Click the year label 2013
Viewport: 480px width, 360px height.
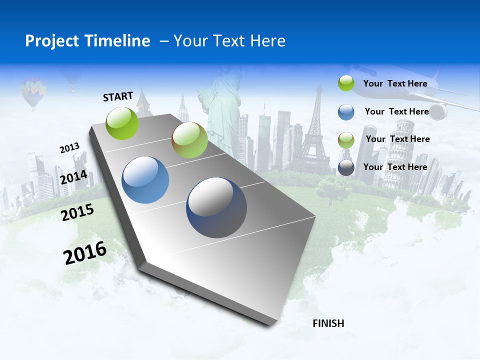(70, 148)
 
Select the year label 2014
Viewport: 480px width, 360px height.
(74, 177)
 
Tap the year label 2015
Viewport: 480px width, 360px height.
(77, 212)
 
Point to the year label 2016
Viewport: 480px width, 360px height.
(85, 252)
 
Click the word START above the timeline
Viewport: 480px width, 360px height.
(118, 96)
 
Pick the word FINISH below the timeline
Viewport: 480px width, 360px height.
(328, 323)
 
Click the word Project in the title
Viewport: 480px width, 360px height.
(52, 41)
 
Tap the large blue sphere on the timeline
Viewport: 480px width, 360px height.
(145, 180)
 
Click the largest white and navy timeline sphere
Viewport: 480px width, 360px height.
(216, 208)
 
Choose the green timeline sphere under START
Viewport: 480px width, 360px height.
(122, 123)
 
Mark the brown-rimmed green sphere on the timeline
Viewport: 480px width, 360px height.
(189, 140)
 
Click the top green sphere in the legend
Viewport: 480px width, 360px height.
(346, 83)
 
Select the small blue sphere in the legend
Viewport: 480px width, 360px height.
(346, 111)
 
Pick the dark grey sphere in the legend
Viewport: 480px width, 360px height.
(346, 167)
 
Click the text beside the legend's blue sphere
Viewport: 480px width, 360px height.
(396, 111)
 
